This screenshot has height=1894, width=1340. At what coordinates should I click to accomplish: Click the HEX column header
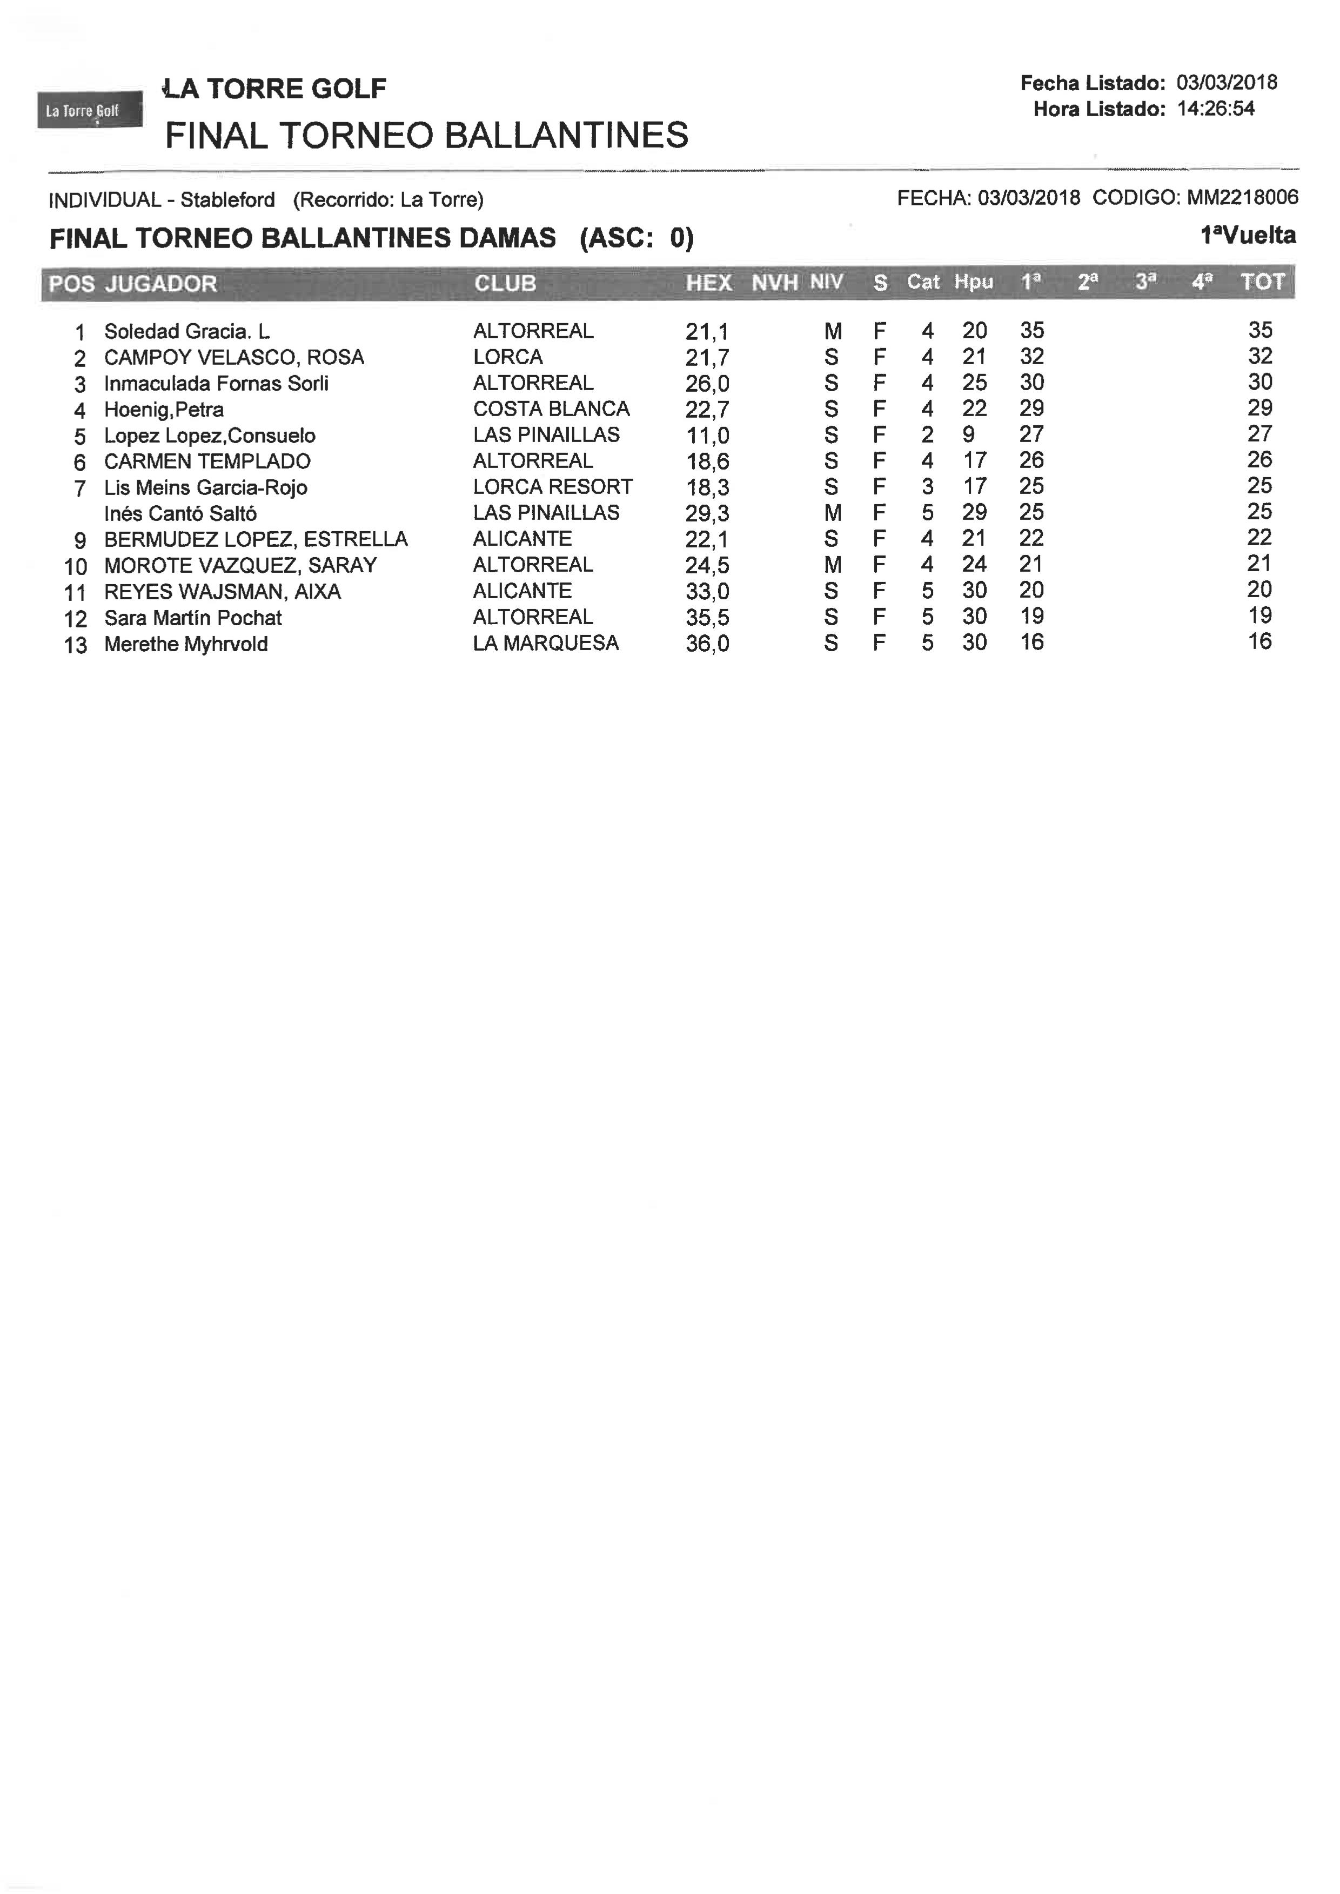pos(709,283)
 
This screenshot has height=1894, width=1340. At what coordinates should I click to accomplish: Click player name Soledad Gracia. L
pos(186,332)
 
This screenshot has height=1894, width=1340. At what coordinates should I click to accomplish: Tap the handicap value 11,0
pos(707,436)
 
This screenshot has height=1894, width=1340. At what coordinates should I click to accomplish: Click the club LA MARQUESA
pos(545,644)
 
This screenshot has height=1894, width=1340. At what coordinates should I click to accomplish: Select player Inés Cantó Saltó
pos(180,514)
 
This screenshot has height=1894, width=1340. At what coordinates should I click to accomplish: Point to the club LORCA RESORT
pos(553,487)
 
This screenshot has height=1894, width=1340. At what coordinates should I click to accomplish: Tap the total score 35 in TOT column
pos(1260,330)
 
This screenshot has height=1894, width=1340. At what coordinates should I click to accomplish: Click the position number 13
pos(75,645)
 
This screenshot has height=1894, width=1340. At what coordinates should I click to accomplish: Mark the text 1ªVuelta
pos(1248,236)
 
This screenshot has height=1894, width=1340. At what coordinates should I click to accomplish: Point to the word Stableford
pos(227,200)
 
